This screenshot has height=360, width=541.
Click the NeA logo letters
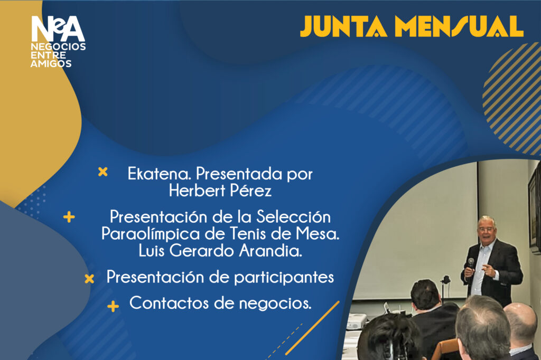pos(58,29)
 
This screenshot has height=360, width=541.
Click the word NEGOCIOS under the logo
pos(58,46)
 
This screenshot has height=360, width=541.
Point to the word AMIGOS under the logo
pos(51,63)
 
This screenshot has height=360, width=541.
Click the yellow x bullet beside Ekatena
pos(103,172)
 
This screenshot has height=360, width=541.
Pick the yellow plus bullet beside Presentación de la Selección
pos(69,217)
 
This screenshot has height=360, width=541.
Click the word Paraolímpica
pos(151,234)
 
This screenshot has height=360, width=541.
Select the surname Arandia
pos(270,251)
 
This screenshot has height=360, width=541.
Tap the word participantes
pos(284,277)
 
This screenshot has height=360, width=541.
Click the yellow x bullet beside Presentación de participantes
pos(89,279)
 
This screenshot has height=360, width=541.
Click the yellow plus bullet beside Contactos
pos(113,306)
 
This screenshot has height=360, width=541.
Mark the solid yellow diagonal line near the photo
pos(313,328)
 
